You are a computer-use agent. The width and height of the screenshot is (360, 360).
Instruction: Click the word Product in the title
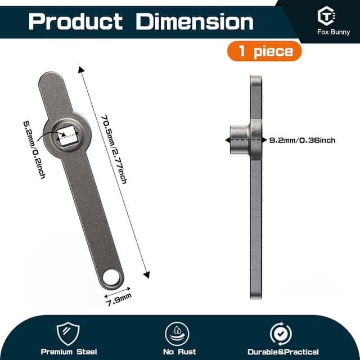pos(75,21)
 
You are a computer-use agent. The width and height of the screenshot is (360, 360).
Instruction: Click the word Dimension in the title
pos(195,21)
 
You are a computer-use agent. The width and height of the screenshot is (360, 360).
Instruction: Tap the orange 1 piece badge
pos(264,52)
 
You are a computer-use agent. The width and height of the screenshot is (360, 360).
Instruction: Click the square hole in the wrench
pos(67,136)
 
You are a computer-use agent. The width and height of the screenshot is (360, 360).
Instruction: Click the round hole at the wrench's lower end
pos(112,276)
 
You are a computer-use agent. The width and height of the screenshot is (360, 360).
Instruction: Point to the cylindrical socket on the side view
pos(238,138)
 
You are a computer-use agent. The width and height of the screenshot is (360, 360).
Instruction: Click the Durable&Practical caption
pos(281,352)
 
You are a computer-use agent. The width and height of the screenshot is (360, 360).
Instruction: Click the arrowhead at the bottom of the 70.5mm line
pos(147,274)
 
